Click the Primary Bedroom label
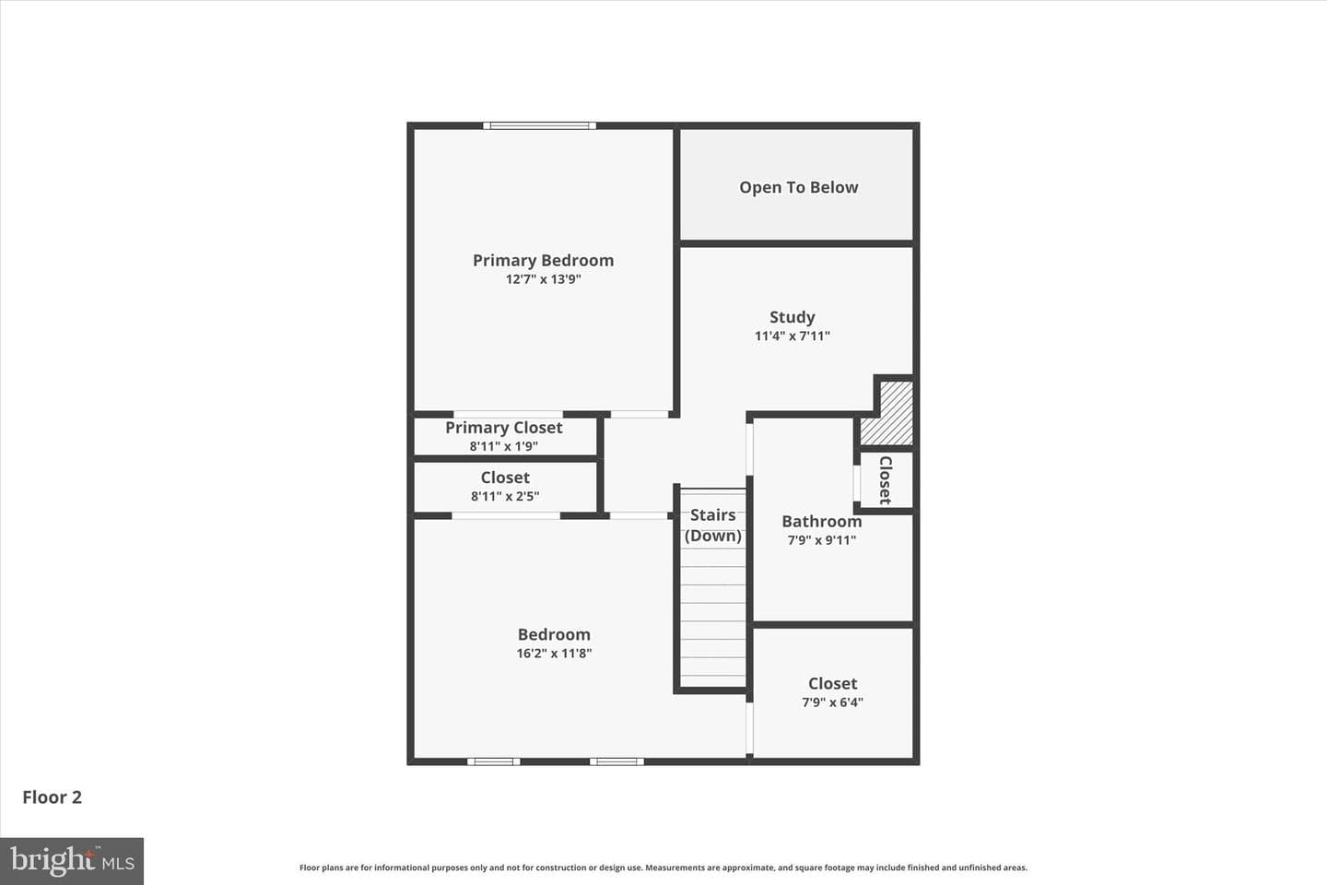544,260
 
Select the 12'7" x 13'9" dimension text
544,279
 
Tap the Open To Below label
799,187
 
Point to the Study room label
793,317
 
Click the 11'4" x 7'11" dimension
793,336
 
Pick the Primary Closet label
504,428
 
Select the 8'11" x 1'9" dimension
504,446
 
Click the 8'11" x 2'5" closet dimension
505,496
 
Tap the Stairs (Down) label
713,525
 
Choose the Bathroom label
822,522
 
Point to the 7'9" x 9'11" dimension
822,540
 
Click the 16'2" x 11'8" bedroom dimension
554,654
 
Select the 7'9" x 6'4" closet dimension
832,702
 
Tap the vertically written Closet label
886,480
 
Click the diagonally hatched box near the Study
887,413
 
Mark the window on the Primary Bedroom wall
540,125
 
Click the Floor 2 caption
53,797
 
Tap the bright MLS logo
72,861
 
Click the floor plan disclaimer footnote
663,867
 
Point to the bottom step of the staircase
712,681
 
